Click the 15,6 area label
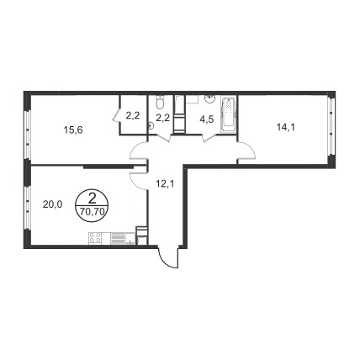click(x=73, y=130)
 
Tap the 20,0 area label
click(x=52, y=204)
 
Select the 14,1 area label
click(x=286, y=128)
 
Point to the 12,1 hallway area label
click(x=165, y=184)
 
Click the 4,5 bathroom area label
click(x=208, y=119)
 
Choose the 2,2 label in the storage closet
click(x=133, y=115)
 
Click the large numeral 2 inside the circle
click(x=92, y=199)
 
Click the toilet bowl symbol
click(x=160, y=103)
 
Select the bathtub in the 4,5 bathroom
click(x=229, y=114)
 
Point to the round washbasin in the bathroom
click(x=209, y=98)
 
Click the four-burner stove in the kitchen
click(x=95, y=239)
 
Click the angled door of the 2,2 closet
click(x=116, y=115)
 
